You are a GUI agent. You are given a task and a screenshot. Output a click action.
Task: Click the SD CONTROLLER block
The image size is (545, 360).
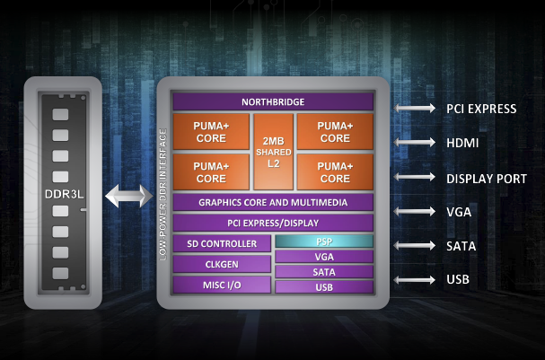click(x=223, y=243)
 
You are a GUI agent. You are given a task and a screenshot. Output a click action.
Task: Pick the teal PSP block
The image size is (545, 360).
click(x=323, y=241)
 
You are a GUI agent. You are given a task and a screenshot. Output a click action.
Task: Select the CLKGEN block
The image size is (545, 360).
click(x=223, y=264)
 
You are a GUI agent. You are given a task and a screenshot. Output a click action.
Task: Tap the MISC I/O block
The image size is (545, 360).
click(x=223, y=285)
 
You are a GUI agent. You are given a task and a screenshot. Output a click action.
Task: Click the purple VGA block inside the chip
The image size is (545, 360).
click(x=323, y=257)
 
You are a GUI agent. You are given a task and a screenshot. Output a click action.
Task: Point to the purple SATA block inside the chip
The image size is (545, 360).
click(x=323, y=271)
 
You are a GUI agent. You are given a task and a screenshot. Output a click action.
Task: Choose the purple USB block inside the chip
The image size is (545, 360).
click(x=323, y=286)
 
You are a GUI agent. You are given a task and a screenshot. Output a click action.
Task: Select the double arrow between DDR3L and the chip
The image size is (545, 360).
click(x=126, y=196)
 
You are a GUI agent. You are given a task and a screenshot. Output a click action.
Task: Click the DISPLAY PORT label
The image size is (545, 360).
click(x=486, y=178)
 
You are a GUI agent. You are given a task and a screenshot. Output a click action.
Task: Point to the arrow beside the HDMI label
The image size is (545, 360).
click(x=415, y=143)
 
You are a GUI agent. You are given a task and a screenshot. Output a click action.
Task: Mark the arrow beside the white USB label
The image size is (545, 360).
click(x=415, y=280)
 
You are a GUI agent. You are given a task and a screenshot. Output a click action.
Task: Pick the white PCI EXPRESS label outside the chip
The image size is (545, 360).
click(x=480, y=109)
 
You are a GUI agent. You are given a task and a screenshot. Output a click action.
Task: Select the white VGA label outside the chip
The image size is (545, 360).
click(x=459, y=212)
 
